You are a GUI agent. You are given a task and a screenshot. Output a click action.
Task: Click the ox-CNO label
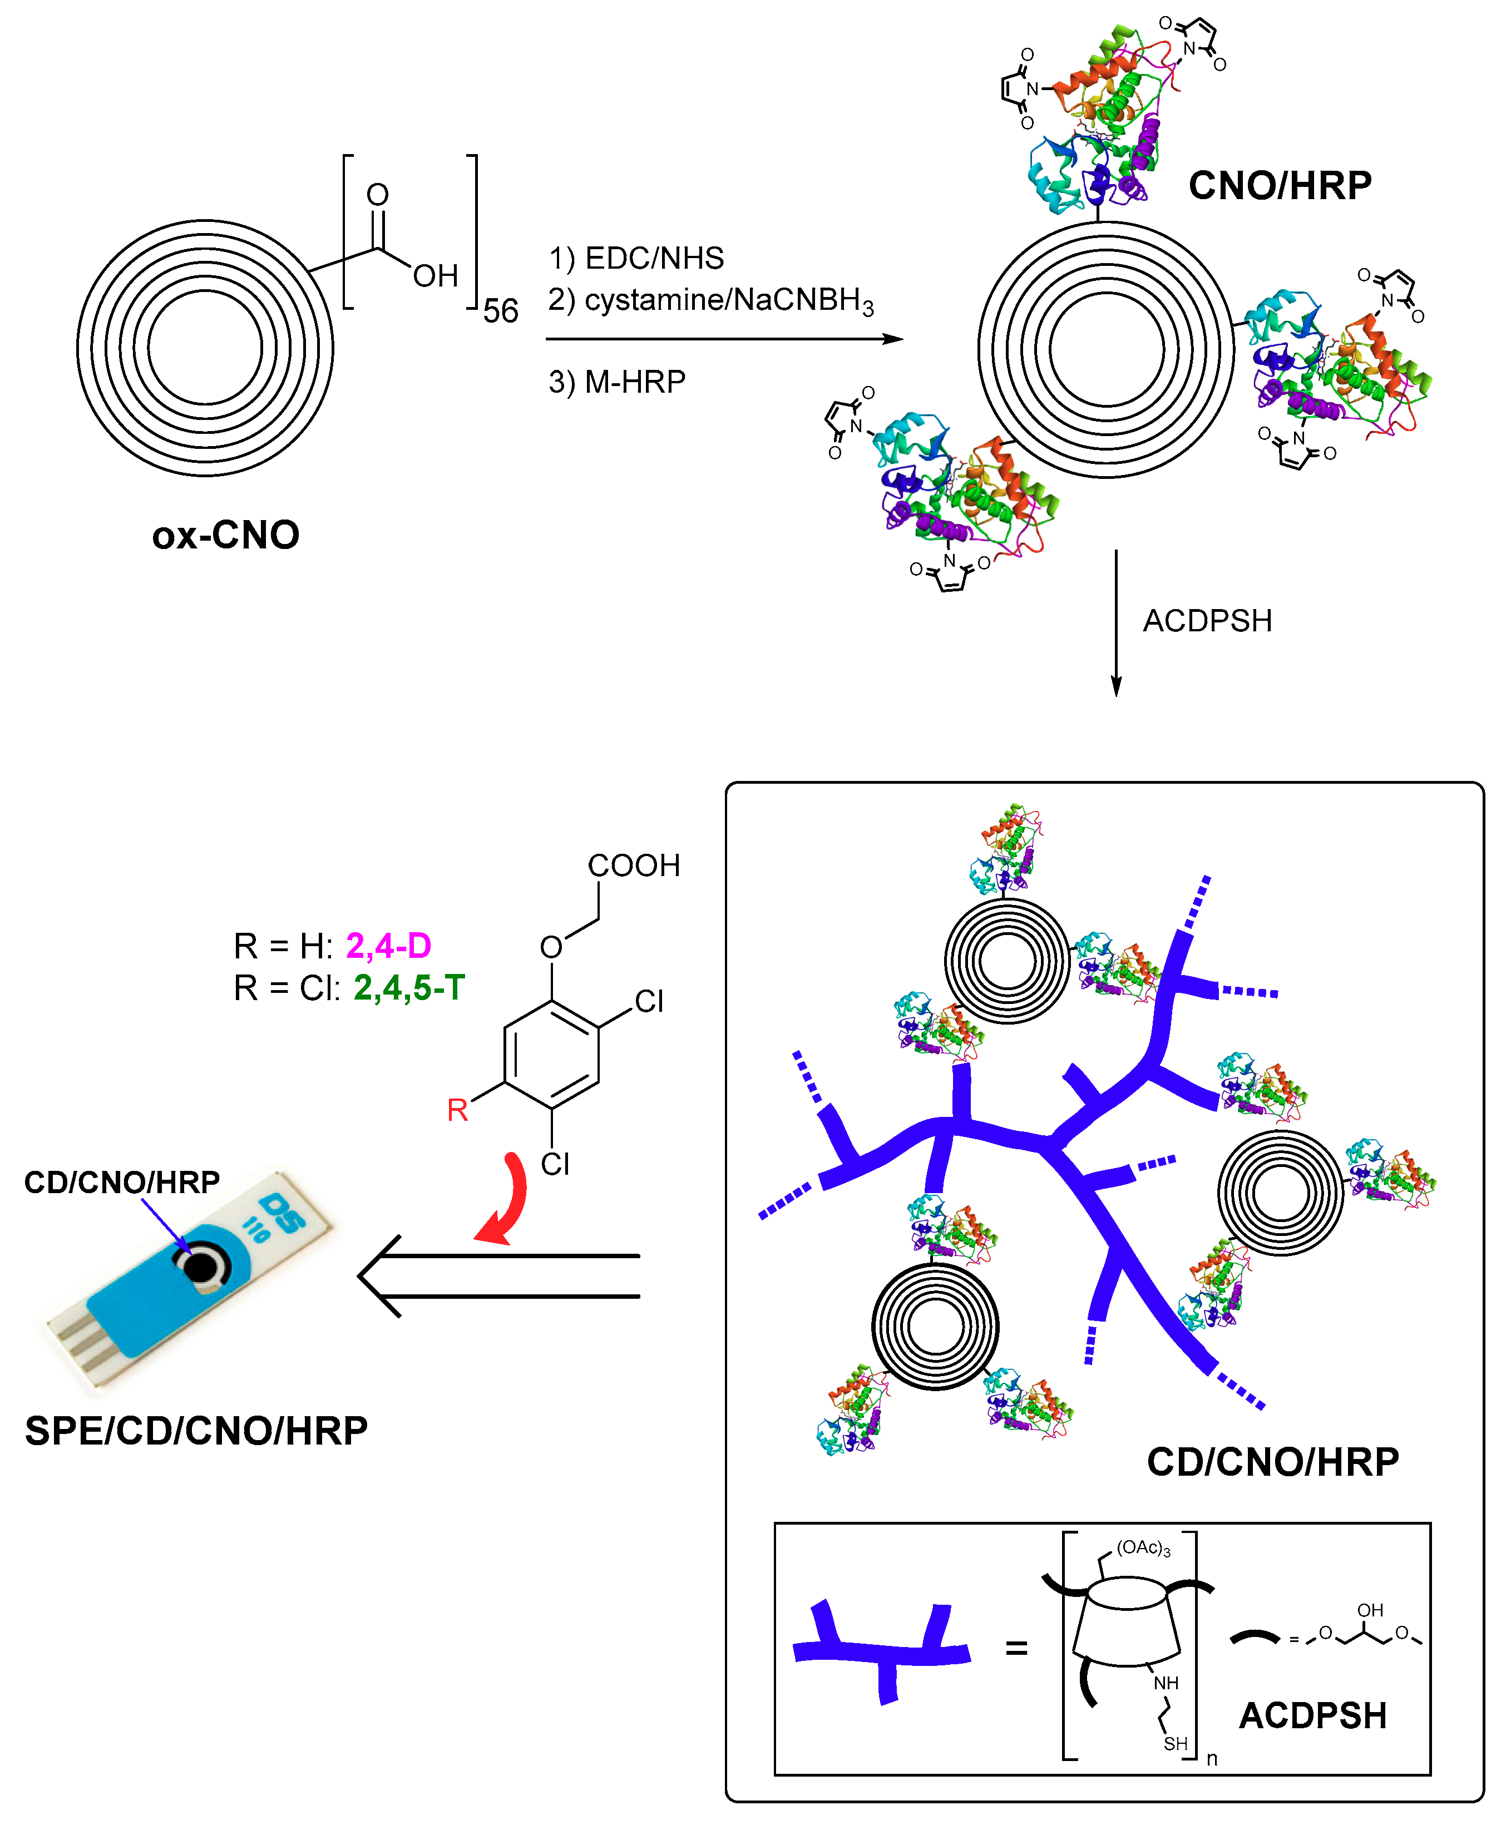(x=225, y=535)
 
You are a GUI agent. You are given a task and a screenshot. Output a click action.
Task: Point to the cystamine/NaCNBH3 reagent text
(x=729, y=300)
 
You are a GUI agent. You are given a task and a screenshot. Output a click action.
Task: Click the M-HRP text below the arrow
(x=635, y=382)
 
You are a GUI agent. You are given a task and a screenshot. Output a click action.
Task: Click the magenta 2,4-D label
(x=389, y=946)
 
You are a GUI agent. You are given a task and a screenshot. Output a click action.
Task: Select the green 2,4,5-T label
(x=409, y=987)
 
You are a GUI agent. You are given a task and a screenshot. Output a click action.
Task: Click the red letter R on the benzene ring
(x=457, y=1109)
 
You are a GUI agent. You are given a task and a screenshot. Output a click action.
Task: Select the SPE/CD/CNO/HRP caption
(x=196, y=1431)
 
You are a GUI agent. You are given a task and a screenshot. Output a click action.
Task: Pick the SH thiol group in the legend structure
(x=1176, y=1743)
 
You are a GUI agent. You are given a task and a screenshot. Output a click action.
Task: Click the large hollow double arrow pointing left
(x=499, y=1276)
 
